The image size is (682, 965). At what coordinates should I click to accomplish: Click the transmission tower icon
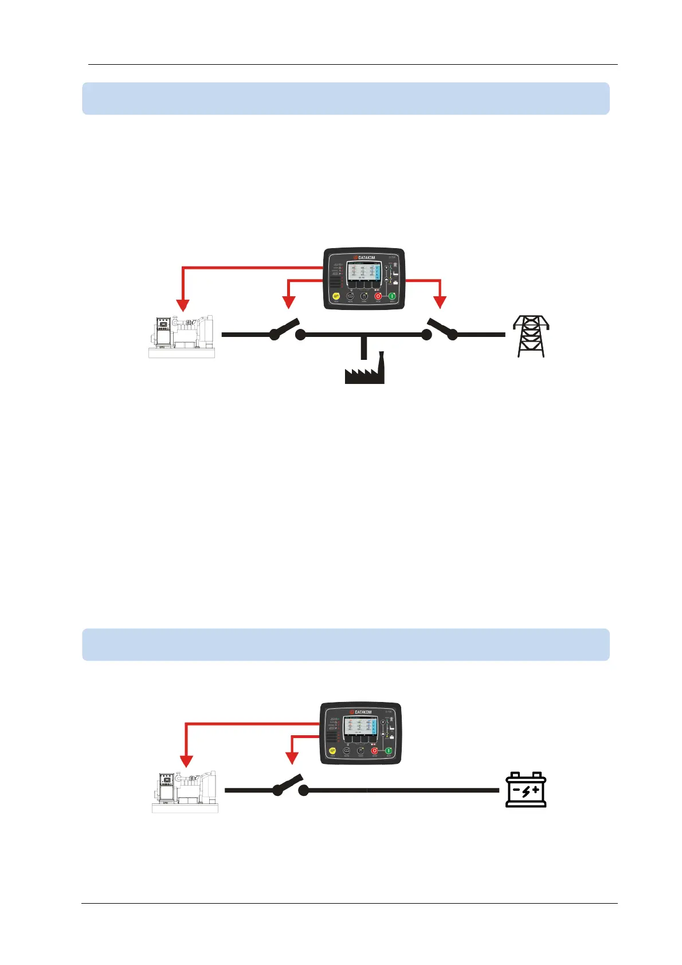click(531, 336)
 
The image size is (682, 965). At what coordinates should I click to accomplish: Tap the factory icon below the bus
click(364, 370)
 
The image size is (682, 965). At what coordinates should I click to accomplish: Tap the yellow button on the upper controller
click(336, 296)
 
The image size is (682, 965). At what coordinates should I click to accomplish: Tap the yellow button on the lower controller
click(332, 751)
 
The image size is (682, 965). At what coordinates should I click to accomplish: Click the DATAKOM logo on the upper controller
click(364, 258)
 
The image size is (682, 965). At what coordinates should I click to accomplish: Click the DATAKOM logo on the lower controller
click(360, 712)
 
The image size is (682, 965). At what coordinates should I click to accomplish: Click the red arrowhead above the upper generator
click(182, 304)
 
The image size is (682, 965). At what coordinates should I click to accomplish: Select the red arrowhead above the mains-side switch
click(440, 301)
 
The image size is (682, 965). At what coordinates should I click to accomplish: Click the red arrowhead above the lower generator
click(186, 760)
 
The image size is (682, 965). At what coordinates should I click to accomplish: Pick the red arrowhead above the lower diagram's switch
click(292, 758)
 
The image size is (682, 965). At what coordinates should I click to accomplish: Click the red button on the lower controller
click(375, 751)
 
